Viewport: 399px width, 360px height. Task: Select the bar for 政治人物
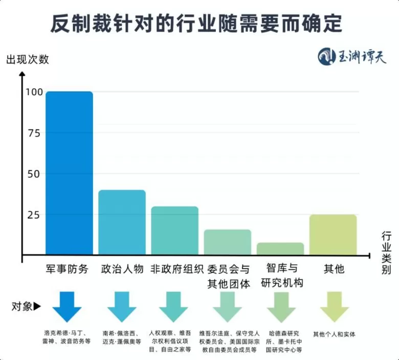coord(122,222)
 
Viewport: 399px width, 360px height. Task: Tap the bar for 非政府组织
coord(175,231)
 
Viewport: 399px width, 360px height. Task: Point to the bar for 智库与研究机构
coord(280,249)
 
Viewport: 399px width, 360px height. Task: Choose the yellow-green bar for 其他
coord(333,235)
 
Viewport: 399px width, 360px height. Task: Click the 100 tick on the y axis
coord(34,93)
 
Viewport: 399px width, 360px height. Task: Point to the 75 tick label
coord(34,133)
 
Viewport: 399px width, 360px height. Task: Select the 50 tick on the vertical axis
coord(34,174)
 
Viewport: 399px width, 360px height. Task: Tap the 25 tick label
coord(34,215)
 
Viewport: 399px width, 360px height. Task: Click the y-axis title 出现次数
coord(28,59)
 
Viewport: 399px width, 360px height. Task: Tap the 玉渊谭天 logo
coord(352,56)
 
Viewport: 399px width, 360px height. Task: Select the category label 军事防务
coord(68,269)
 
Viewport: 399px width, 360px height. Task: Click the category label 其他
coord(334,269)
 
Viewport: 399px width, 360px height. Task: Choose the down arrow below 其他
coord(334,306)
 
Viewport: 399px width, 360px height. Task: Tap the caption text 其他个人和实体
coord(334,334)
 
